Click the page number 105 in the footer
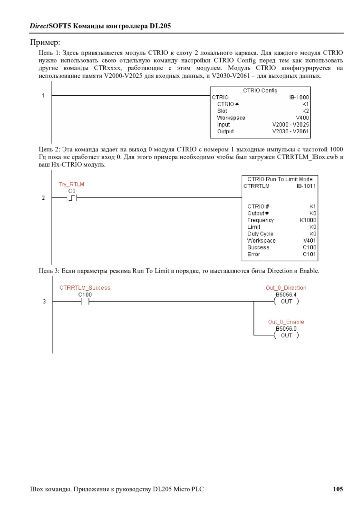338,489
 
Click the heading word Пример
45,42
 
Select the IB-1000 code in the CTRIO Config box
299,97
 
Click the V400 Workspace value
302,118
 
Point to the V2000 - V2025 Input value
290,124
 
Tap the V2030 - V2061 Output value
290,131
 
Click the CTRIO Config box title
260,90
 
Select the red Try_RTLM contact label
72,184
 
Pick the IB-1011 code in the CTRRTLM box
306,186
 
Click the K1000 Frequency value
308,220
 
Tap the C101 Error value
309,254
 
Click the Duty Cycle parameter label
260,234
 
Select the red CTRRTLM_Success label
85,287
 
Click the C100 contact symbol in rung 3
85,301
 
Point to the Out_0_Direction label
286,287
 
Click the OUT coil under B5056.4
286,301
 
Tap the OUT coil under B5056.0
286,335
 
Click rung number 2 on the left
44,198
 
